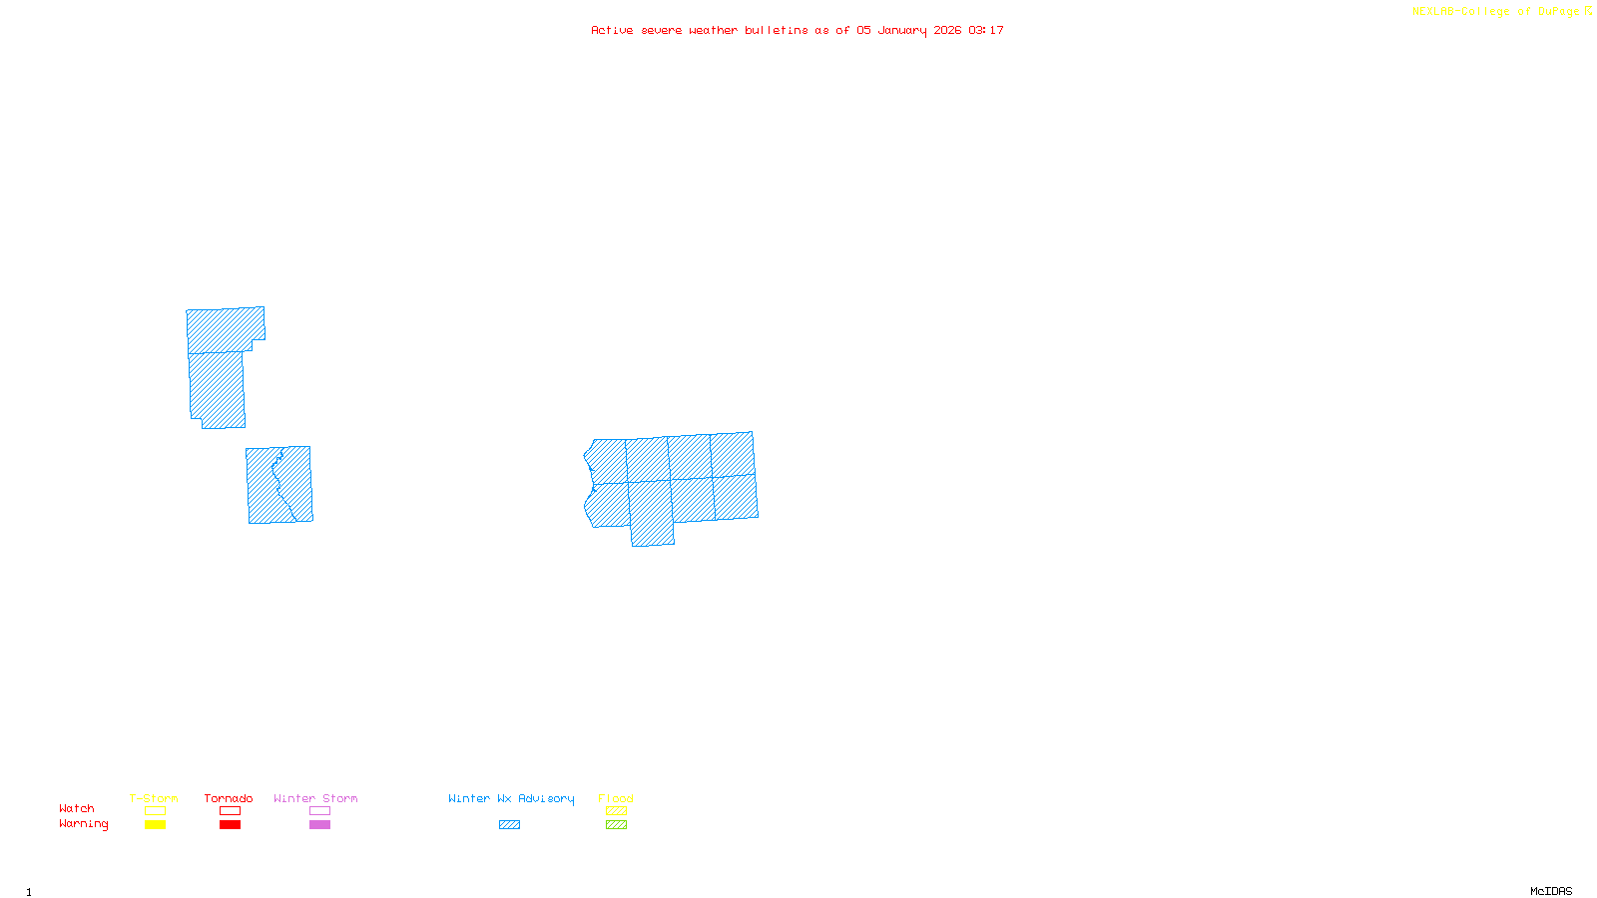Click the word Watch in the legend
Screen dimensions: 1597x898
[77, 809]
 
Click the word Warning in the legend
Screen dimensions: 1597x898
[84, 824]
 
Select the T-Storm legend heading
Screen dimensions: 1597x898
[154, 798]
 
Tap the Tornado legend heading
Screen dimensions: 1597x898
[229, 798]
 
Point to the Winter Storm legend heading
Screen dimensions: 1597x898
[315, 798]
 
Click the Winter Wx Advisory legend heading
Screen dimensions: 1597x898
[511, 798]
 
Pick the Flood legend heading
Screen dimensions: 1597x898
[616, 798]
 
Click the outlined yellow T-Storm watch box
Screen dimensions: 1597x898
[155, 811]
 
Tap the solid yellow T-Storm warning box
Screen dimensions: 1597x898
[155, 825]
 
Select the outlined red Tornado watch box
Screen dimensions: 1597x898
[230, 811]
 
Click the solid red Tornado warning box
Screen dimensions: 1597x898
[230, 825]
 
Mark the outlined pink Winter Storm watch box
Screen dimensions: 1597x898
[319, 811]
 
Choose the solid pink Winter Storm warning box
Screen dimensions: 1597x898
[319, 825]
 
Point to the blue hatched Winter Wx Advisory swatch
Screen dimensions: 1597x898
[509, 825]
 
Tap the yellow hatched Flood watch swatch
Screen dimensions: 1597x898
[616, 811]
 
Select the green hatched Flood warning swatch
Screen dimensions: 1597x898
[616, 825]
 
